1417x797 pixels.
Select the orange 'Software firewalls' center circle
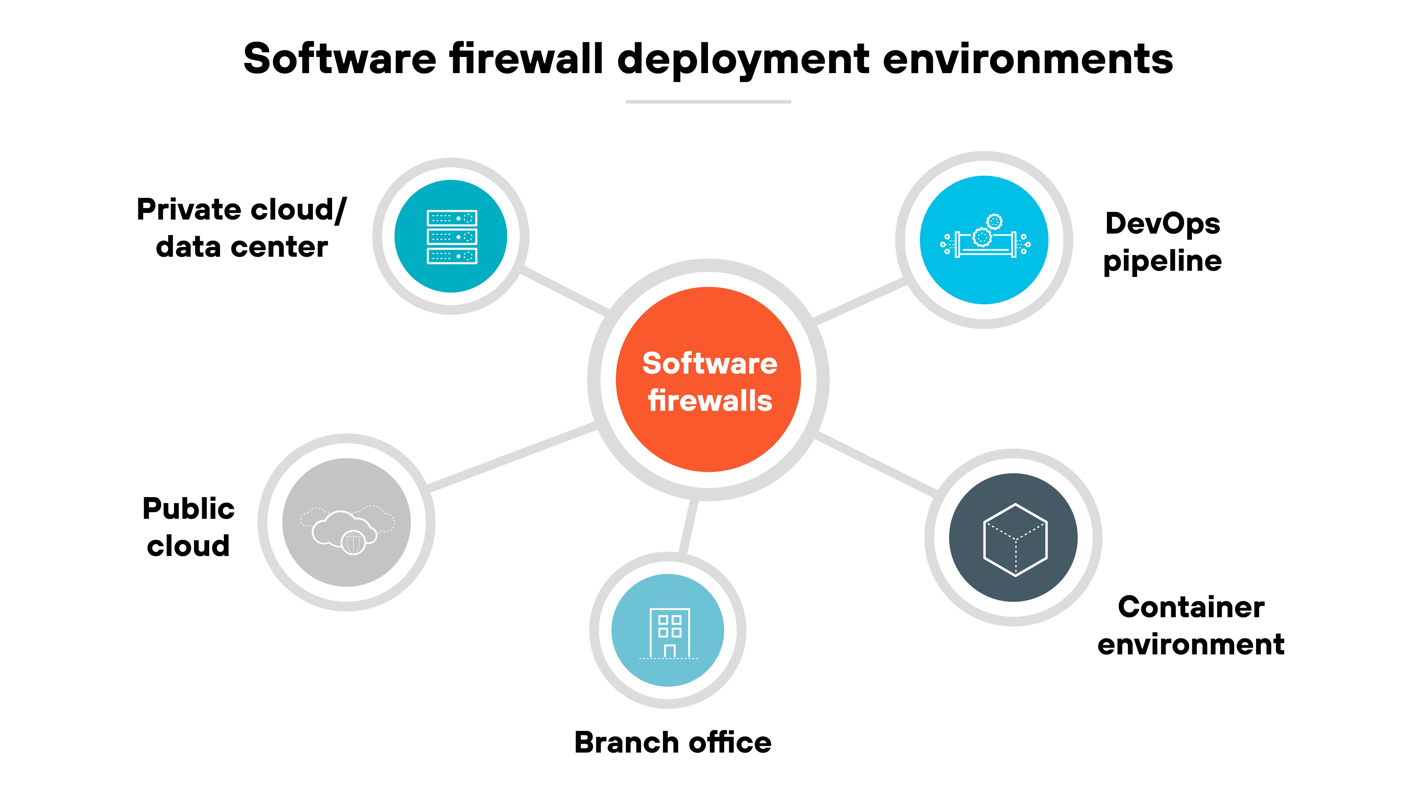(708, 380)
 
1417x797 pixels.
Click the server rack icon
(452, 236)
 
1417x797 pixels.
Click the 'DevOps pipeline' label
(1162, 242)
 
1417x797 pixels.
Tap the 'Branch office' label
(673, 743)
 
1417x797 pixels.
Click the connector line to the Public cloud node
(512, 455)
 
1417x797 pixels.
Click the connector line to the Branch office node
(688, 527)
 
